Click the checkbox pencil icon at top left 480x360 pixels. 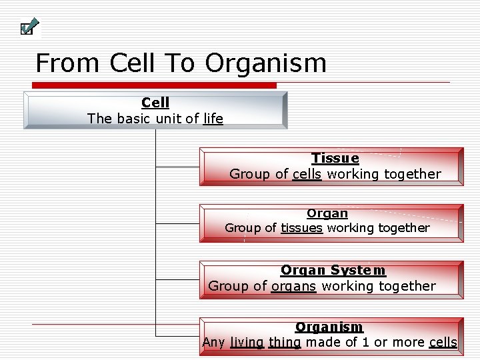(x=29, y=27)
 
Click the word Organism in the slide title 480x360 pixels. (x=265, y=63)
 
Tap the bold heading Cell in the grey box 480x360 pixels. (x=155, y=103)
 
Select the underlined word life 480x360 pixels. (x=213, y=119)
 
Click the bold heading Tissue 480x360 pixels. (x=335, y=158)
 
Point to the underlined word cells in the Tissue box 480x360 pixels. (x=307, y=174)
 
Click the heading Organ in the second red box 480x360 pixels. (x=327, y=213)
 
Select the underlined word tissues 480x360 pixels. (x=301, y=228)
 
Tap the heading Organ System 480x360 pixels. (x=333, y=270)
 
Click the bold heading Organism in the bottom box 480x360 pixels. (x=329, y=327)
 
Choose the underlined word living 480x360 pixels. (x=247, y=343)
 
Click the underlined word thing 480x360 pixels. (x=285, y=343)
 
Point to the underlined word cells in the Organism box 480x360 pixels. (x=443, y=343)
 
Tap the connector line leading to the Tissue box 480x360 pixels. (x=177, y=167)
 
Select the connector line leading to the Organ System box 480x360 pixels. (x=177, y=279)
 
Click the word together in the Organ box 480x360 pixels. (x=403, y=228)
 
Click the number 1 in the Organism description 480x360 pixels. (x=367, y=343)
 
